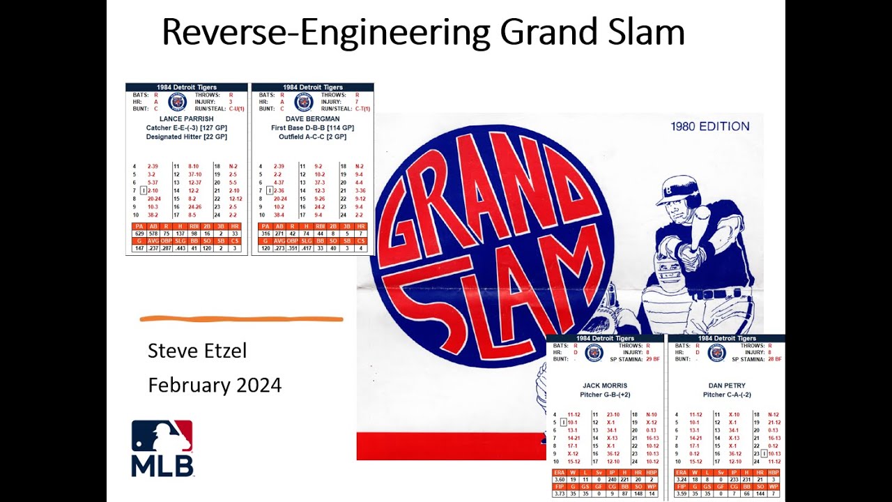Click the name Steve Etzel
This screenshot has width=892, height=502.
point(197,351)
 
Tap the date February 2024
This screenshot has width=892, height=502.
point(215,385)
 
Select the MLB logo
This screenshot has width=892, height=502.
point(162,448)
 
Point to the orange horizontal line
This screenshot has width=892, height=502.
point(241,319)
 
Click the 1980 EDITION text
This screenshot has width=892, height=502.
point(710,127)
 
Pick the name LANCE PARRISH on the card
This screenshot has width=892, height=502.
point(186,119)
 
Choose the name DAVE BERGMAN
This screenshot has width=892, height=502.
point(312,119)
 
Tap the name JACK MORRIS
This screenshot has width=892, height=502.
point(605,386)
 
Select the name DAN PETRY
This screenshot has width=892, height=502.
point(726,386)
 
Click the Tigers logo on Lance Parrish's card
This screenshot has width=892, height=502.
point(178,102)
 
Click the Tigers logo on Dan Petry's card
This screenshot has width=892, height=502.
point(716,353)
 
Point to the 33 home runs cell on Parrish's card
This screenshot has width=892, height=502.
point(235,234)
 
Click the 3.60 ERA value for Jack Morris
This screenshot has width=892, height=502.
point(557,480)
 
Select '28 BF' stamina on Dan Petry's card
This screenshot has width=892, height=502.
point(772,360)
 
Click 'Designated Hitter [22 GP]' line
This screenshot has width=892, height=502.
point(186,137)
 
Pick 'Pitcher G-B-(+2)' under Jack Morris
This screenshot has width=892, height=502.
point(605,395)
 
